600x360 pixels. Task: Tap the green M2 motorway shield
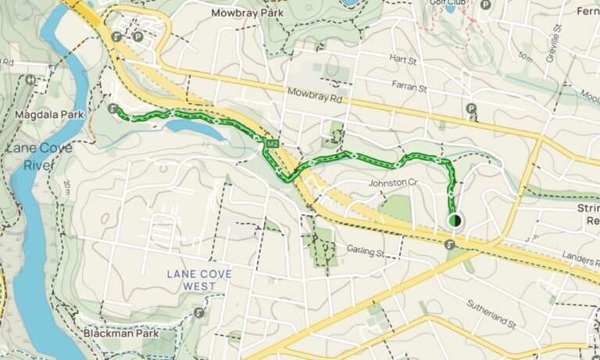coord(272,144)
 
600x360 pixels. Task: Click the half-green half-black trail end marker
coord(455,221)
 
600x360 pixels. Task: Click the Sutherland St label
coord(491,312)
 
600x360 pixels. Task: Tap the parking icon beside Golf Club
coord(486,5)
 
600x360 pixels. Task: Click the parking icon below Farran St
coord(471,109)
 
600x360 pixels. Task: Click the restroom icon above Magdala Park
coord(30,79)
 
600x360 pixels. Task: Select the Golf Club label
coord(448,3)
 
